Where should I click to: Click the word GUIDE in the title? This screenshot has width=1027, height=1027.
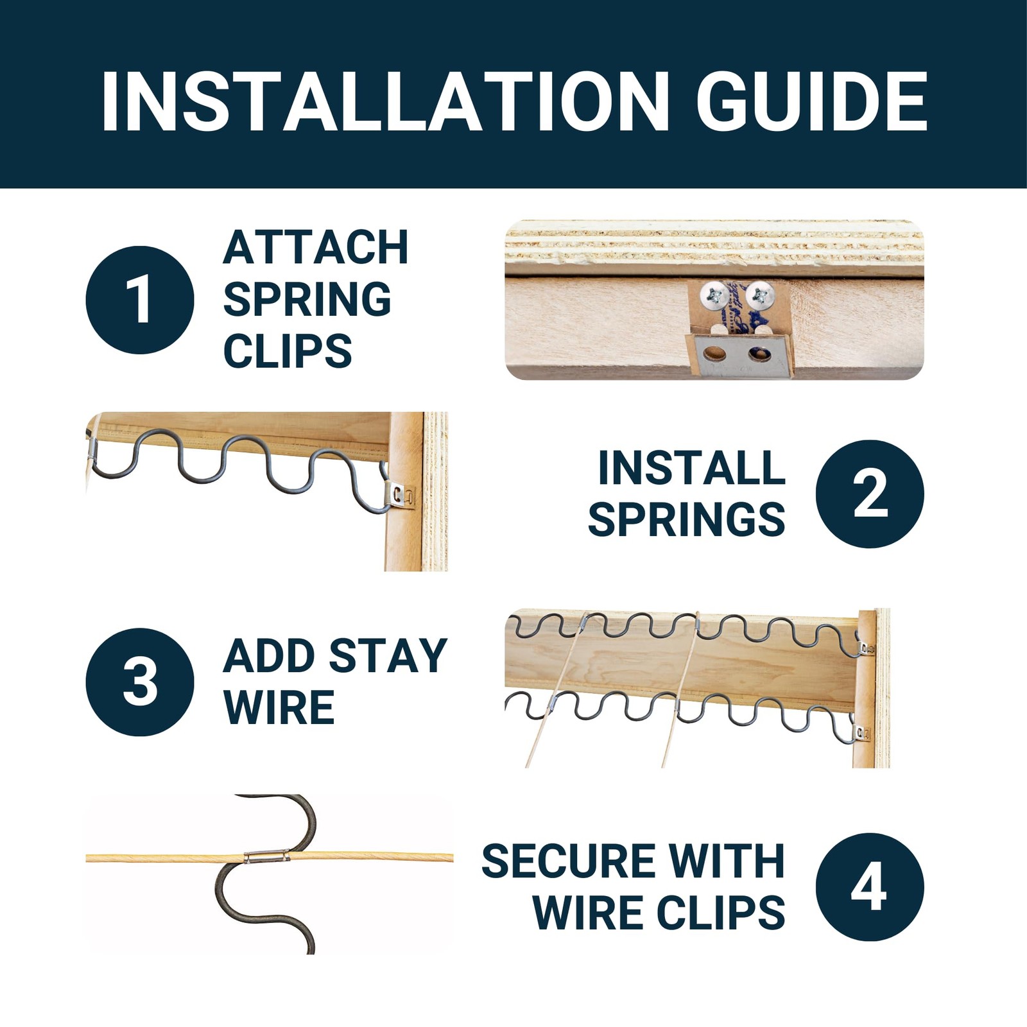pos(812,101)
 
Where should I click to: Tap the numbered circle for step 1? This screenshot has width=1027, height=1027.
pos(140,300)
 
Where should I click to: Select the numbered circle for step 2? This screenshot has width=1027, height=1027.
pos(870,494)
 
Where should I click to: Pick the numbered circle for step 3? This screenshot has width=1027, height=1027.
pos(140,682)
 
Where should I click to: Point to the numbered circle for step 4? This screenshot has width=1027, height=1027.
pos(870,887)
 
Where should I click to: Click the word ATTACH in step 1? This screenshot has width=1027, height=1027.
pos(316,247)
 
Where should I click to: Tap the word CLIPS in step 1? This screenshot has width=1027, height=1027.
pos(288,350)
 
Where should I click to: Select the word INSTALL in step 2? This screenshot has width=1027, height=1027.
pos(691,468)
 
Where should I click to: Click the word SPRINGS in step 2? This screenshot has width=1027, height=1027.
pos(686,519)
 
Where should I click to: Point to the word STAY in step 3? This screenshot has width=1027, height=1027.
pos(388,656)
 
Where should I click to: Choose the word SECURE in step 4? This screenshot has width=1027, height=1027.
pos(569,861)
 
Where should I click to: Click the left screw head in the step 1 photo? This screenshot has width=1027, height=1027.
pos(714,295)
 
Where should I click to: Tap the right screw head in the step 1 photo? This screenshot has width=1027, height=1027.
pos(761,295)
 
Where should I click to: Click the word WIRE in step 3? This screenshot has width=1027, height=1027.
pos(279,707)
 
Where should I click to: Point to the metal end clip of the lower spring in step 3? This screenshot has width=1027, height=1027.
pos(862,733)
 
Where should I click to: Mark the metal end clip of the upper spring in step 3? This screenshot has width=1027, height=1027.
pos(867,648)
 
